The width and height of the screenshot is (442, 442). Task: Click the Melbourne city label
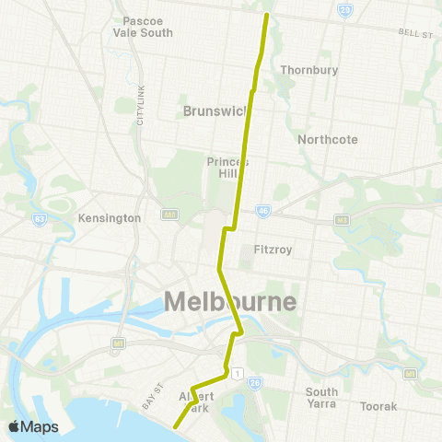coord(230,302)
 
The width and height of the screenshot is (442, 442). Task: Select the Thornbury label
coord(309,70)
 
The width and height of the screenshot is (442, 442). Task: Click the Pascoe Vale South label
coord(143,26)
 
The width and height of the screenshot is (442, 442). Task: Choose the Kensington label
coord(110,218)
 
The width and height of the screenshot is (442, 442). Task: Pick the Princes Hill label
coord(228,168)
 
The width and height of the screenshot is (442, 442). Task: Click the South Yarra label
coord(322,397)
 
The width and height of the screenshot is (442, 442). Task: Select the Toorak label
coord(378,405)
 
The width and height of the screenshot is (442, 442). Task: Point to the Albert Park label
coord(194,401)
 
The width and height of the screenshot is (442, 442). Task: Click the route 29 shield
coord(344,9)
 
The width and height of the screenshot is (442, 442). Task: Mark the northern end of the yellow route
coord(267,15)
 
